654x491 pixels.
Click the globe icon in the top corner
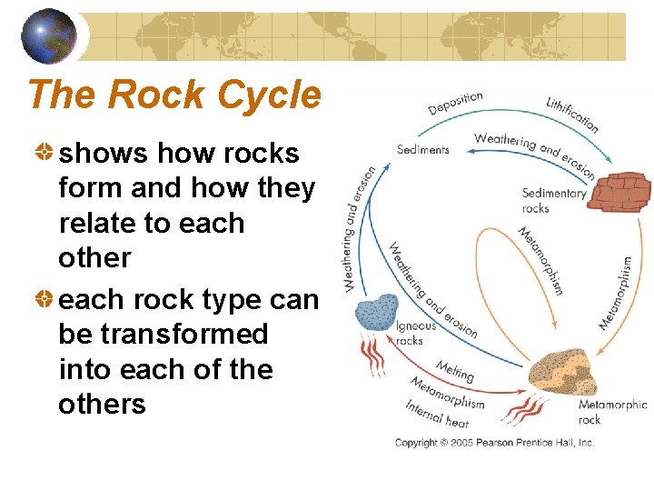pos(48,35)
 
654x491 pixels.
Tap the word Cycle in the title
pos(272,95)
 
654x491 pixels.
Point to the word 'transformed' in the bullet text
pos(163,334)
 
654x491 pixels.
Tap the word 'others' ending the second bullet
pos(102,403)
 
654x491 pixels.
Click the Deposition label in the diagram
pos(456,103)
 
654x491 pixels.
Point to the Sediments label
pos(423,149)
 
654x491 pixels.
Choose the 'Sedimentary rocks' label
pos(554,200)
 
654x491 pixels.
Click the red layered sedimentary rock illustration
pos(618,190)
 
